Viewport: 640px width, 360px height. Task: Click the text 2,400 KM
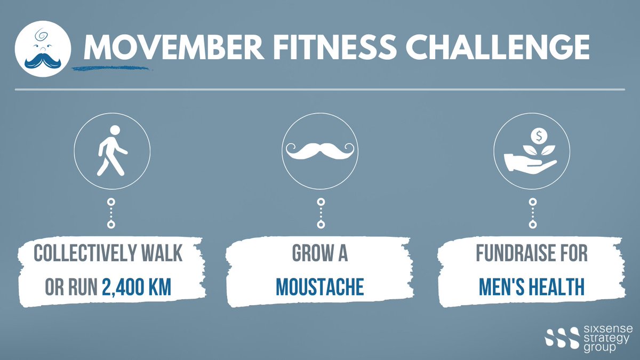137,287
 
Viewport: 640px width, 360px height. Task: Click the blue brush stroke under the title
112,68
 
